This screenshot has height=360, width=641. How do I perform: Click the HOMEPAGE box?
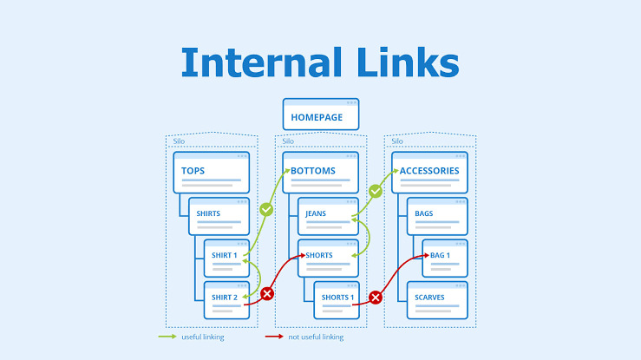[321, 115]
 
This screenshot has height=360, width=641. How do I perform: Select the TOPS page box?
[211, 172]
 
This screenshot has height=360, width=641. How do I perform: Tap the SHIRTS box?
[219, 215]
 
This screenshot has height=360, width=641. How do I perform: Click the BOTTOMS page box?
[320, 172]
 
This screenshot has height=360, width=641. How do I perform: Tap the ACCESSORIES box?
[429, 172]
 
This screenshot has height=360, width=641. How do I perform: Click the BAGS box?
[437, 215]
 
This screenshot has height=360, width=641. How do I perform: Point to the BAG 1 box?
[445, 257]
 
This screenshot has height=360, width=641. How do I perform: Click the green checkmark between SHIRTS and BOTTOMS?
[266, 209]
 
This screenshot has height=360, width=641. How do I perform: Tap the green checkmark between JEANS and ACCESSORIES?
[376, 191]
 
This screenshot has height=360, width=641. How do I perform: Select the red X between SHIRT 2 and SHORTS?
[267, 294]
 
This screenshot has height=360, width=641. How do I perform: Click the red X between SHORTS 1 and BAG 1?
[376, 298]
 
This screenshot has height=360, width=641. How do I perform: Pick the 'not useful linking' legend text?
[315, 337]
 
